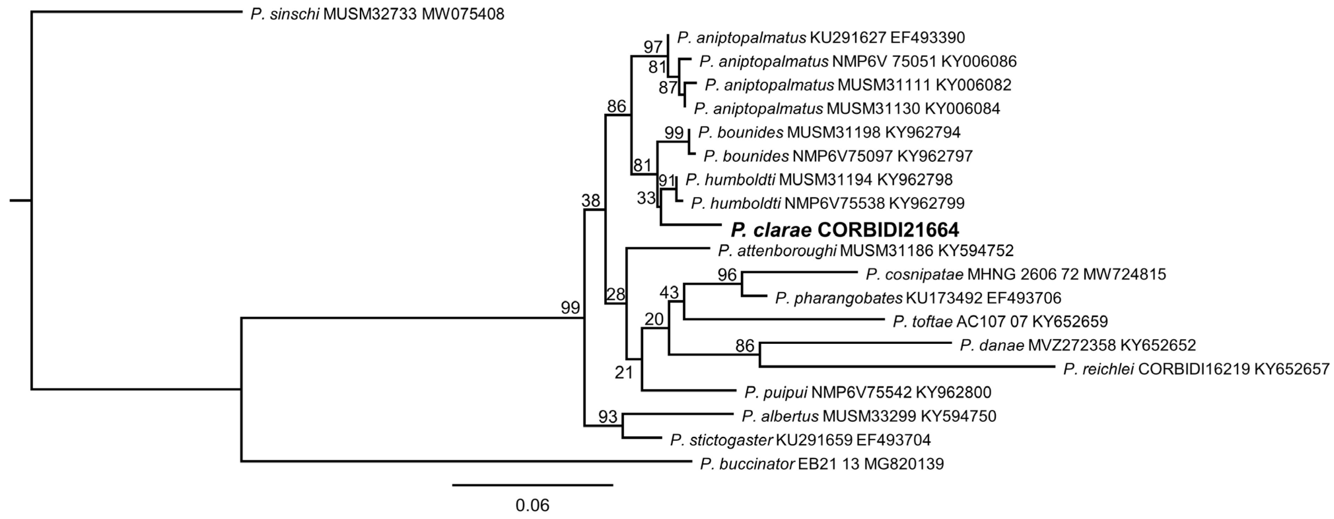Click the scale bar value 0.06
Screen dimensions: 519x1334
click(x=532, y=504)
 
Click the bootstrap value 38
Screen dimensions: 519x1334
click(x=591, y=201)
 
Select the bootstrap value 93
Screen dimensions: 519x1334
click(x=608, y=416)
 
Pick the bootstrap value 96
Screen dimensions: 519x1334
click(x=727, y=275)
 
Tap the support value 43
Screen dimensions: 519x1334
click(x=669, y=293)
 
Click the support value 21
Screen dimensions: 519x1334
click(x=624, y=372)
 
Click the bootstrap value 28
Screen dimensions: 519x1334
click(x=616, y=294)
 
